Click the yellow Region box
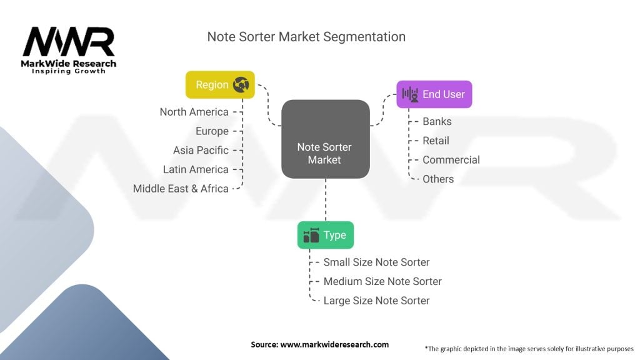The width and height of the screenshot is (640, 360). [220, 85]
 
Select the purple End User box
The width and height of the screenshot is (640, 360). [434, 94]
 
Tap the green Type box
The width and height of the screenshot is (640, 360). [325, 235]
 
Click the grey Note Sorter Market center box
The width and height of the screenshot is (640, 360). [325, 139]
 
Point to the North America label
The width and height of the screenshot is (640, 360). [194, 112]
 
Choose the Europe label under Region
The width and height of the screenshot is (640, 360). [212, 131]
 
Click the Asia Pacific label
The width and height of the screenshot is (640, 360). [201, 150]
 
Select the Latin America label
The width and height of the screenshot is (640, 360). [196, 169]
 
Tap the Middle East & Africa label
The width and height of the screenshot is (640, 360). [181, 189]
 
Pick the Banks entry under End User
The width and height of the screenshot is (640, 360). [437, 122]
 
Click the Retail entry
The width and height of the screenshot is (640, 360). [436, 141]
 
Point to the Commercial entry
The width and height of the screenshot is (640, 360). [451, 160]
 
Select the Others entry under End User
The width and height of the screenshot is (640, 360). [438, 179]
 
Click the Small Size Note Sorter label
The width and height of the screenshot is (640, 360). [376, 262]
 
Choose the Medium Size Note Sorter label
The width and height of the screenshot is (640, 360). [382, 281]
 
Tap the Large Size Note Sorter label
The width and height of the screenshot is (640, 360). [376, 301]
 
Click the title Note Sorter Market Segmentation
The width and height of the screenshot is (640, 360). [306, 37]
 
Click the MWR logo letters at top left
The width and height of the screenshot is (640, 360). [69, 42]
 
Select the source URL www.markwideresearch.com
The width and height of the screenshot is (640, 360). [334, 344]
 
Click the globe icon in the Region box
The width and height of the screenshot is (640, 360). [241, 85]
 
